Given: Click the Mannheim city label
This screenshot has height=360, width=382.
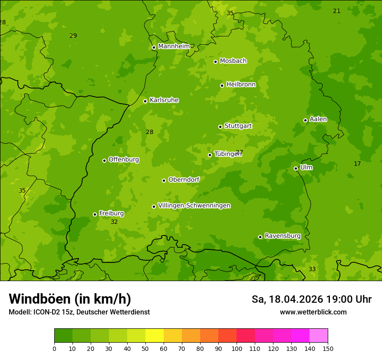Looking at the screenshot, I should tap(174, 46).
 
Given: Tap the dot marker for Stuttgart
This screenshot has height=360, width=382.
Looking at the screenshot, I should tap(220, 127).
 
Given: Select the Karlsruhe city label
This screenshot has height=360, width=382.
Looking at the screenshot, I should tap(164, 100).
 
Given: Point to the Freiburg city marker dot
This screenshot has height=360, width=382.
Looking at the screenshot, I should tap(95, 214).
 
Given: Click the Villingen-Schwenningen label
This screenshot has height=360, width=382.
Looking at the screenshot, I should tap(194, 206).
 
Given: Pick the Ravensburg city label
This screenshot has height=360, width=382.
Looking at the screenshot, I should tap(282, 236).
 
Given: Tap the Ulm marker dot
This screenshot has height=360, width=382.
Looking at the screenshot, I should tap(296, 168).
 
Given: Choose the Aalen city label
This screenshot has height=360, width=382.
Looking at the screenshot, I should tap(318, 119).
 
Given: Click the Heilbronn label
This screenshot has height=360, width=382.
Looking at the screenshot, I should tap(240, 85).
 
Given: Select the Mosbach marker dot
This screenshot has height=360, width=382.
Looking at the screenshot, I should tap(215, 62).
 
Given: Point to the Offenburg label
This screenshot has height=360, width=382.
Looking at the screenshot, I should tap(123, 160).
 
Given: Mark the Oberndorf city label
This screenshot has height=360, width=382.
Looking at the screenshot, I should tap(184, 180).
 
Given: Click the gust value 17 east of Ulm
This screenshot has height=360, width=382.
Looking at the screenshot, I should tap(357, 164).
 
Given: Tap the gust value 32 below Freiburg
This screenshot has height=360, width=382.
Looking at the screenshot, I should tap(114, 222).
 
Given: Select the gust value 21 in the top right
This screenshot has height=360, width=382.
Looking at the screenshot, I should tap(336, 11).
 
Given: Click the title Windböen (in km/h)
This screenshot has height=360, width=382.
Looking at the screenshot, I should tap(70, 299).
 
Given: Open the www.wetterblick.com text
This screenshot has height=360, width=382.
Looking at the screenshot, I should tap(313, 312).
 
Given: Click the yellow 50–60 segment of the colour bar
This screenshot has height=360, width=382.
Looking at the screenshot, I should tap(155, 336).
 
